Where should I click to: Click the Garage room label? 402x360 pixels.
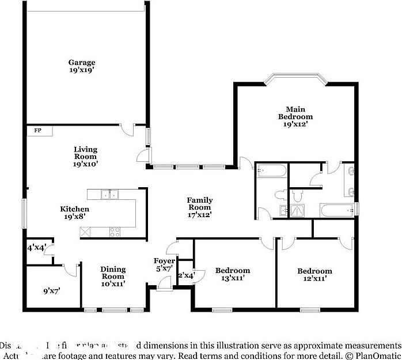click(x=82, y=62)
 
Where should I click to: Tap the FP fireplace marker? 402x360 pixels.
click(x=38, y=131)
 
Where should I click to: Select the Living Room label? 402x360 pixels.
click(x=85, y=153)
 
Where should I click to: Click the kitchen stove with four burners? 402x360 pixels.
click(x=115, y=232)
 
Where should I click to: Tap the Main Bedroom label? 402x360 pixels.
click(x=295, y=113)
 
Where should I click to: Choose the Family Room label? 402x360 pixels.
click(x=199, y=203)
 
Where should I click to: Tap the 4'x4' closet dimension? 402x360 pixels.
click(x=36, y=248)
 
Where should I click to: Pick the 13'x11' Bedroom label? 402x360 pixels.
click(x=233, y=270)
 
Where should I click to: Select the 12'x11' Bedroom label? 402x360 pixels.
click(x=314, y=271)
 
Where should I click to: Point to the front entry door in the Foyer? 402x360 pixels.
click(x=164, y=282)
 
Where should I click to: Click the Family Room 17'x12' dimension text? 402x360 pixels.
click(x=199, y=215)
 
